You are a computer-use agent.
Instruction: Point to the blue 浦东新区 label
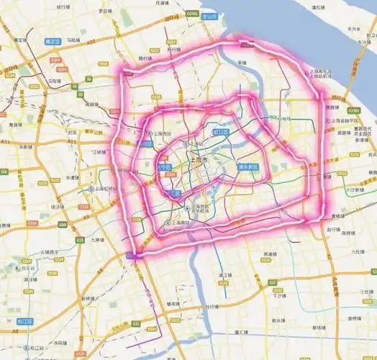247,167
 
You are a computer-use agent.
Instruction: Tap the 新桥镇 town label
89,297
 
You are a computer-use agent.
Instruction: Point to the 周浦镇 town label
270,254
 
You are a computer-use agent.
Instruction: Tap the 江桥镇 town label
99,152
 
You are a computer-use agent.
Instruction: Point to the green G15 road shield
79,238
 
